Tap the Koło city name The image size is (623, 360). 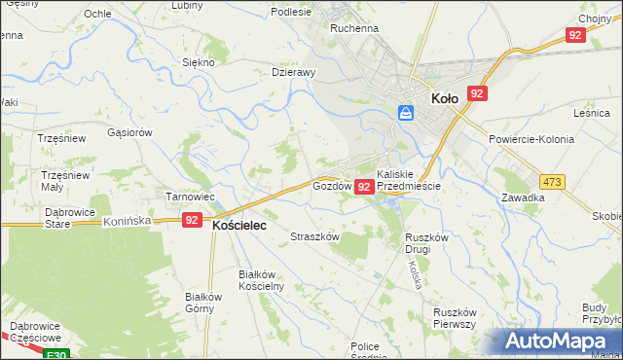coord(444,97)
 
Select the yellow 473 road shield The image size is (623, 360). coord(553,182)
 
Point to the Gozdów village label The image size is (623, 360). coord(331,185)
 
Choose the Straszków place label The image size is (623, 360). coord(314,236)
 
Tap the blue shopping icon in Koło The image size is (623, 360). coord(406,113)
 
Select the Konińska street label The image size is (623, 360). coord(127,222)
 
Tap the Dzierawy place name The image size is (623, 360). coord(293,72)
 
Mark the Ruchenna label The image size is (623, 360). coord(353,29)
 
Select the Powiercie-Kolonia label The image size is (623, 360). coord(532,139)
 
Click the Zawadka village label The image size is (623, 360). coord(523,198)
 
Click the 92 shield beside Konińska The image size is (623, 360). coord(193,222)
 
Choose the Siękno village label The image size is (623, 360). coord(198,61)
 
